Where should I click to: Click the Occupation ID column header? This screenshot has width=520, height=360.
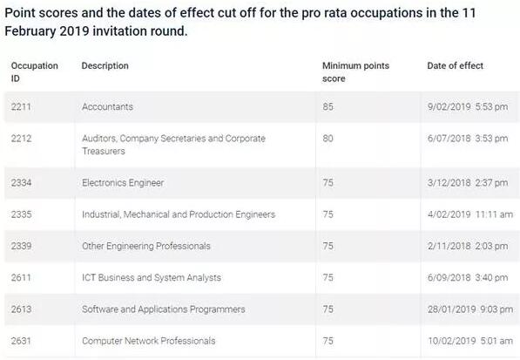coord(35,72)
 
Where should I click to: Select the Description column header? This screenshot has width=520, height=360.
coord(105,65)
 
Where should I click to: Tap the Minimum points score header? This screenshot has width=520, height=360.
coord(355,72)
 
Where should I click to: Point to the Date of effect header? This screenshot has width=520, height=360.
coord(455,65)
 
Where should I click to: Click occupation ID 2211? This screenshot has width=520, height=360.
coord(21,107)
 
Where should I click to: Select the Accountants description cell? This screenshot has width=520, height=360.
coord(107,107)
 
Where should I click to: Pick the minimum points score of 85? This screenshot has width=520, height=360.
coord(328,107)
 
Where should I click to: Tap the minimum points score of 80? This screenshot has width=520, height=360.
coord(328,139)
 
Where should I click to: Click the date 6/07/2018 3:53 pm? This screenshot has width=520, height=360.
coord(468,139)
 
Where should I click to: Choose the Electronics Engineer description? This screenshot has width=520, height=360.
coord(123,183)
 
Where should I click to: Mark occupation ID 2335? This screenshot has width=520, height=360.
coord(21,214)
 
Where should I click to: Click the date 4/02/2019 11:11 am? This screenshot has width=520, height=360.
coord(470,214)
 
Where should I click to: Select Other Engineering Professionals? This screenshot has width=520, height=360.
coord(146,246)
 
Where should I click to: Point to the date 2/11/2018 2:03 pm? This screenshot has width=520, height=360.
coord(468,246)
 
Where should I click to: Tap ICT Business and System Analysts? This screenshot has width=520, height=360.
coord(152,278)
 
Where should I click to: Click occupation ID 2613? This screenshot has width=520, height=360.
coord(21,309)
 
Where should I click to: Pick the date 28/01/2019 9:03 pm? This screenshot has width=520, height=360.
coord(470,309)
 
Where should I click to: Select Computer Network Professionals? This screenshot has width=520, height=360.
coord(149,341)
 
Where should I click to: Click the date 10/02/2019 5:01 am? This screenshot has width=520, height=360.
coord(470,341)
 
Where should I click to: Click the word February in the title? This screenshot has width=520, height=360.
coord(30,31)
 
